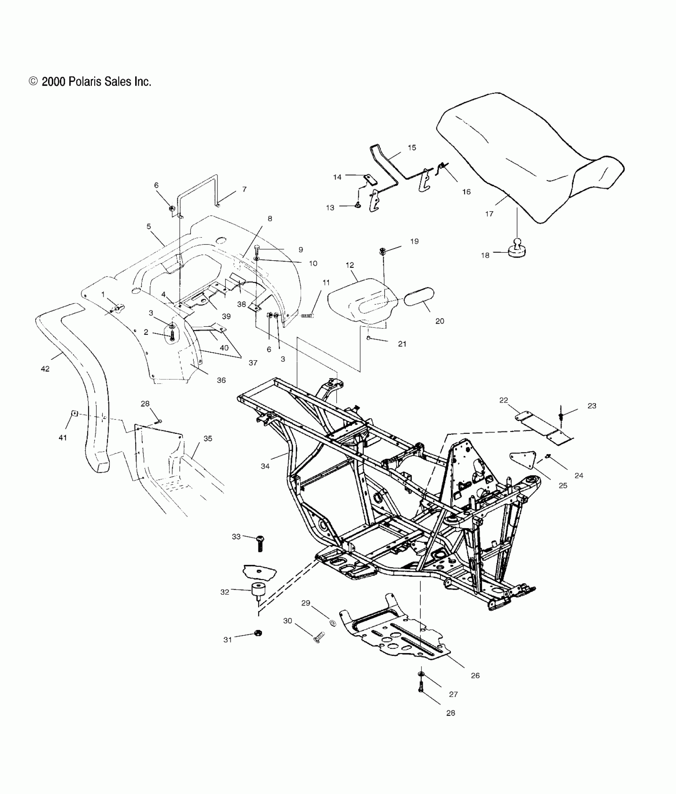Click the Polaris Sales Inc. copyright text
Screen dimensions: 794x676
point(90,82)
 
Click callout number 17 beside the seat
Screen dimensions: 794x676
point(489,214)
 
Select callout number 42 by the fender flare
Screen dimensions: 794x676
point(45,369)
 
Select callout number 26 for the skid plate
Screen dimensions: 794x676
point(475,675)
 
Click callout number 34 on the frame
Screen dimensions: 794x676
point(265,466)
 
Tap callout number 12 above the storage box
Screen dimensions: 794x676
point(350,265)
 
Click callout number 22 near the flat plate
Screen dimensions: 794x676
point(504,400)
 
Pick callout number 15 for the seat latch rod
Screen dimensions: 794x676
point(412,148)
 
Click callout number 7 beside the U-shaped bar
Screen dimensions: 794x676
point(244,189)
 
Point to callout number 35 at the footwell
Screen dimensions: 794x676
point(208,439)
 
